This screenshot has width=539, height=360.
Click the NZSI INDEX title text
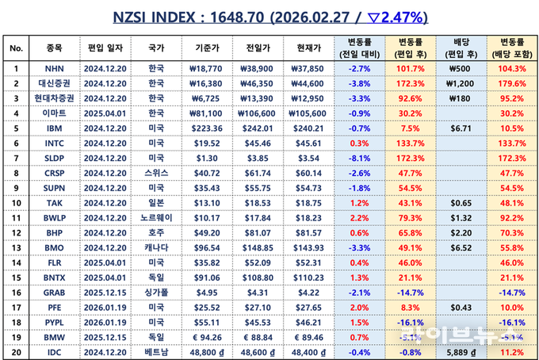(x=269, y=16)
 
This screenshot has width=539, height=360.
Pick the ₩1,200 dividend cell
(x=459, y=82)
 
